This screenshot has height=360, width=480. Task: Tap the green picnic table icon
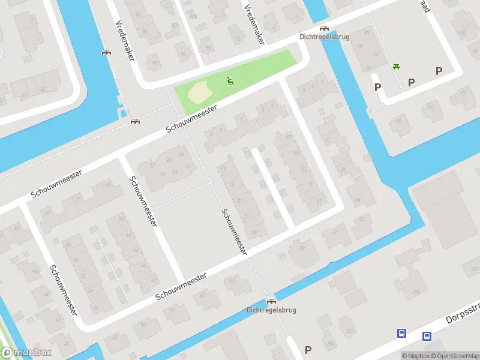[x=396, y=67]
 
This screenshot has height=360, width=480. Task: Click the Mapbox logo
[x=26, y=353]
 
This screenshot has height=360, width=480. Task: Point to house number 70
[x=122, y=219]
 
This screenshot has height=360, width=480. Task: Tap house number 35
[x=108, y=184]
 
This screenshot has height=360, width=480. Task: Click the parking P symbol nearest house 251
[x=308, y=350]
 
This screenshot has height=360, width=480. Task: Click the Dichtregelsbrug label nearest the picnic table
[x=324, y=36]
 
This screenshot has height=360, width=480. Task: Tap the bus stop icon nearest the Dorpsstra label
[x=427, y=337]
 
